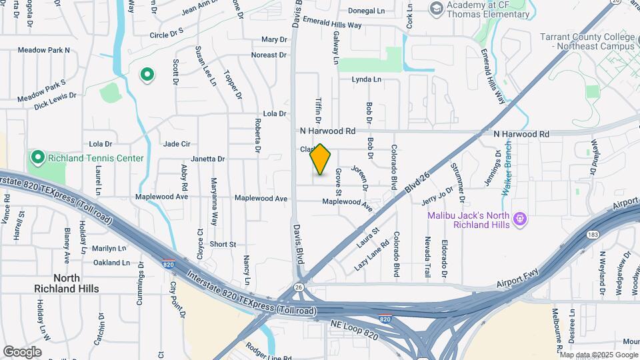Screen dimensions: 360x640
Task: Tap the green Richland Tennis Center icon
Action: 37,158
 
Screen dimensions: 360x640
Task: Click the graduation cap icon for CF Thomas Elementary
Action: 436,9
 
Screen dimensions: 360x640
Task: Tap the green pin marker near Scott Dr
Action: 147,75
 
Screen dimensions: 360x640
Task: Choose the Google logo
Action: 22,351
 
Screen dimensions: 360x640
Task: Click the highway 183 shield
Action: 593,234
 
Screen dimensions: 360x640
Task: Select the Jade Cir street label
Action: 177,144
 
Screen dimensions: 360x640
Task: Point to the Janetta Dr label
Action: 207,159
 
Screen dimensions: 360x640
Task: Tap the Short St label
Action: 223,245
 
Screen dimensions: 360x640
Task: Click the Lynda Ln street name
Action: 367,80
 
